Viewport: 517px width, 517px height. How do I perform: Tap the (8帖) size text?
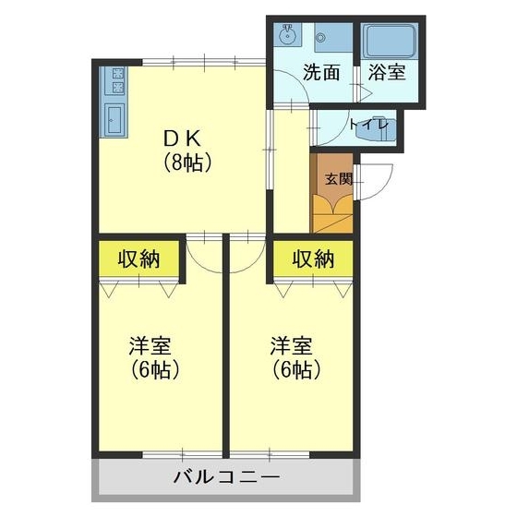pos(188,164)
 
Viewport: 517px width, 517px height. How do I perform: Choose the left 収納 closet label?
pos(138,259)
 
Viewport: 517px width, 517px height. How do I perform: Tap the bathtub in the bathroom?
pos(389,42)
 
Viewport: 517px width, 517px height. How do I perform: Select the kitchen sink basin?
pos(114,121)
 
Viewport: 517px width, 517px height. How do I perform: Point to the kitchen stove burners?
pos(117,81)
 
